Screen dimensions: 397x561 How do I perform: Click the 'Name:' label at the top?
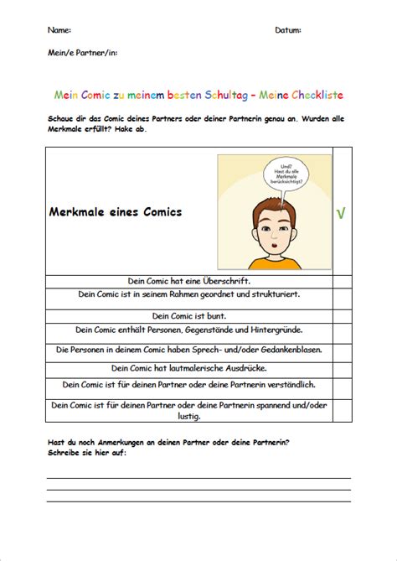click(x=59, y=30)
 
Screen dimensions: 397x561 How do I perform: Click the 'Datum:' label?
click(x=287, y=30)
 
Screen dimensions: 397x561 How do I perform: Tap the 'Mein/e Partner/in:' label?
click(x=82, y=53)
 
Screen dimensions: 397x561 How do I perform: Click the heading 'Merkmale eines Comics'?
click(x=115, y=212)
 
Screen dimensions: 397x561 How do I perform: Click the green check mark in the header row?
click(x=341, y=213)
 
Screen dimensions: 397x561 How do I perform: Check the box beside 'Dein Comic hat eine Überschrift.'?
click(x=342, y=282)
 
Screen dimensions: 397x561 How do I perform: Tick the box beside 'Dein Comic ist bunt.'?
click(x=342, y=314)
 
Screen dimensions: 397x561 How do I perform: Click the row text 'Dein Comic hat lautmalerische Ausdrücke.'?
click(x=189, y=368)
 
